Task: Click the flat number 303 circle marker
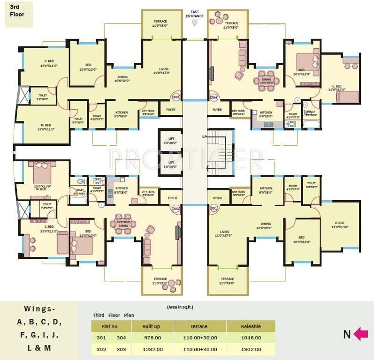176,97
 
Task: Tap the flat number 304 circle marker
214,97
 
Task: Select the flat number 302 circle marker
176,208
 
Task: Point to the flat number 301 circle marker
214,208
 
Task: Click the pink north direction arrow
360,334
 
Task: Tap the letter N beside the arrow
347,335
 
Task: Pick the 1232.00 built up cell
153,349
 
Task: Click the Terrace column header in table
199,326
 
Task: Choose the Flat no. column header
111,326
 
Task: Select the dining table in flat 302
123,225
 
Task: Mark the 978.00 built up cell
153,337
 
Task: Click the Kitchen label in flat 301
266,190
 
